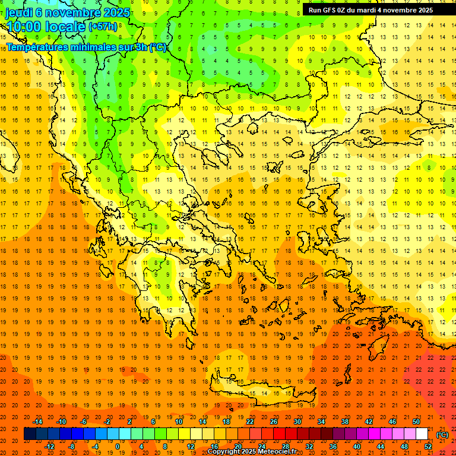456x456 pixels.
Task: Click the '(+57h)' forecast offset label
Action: (103, 27)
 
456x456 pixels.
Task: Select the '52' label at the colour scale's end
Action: (428, 446)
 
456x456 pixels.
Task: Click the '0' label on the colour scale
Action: (117, 446)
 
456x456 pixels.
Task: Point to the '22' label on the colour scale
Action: (250, 421)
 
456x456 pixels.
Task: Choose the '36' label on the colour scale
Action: (333, 446)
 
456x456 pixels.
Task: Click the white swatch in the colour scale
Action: (422, 434)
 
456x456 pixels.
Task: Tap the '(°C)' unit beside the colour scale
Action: (442, 435)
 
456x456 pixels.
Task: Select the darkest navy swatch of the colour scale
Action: (30, 434)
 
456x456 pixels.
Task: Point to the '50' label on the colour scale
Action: (416, 421)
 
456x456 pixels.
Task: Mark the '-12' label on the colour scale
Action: (49, 446)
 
